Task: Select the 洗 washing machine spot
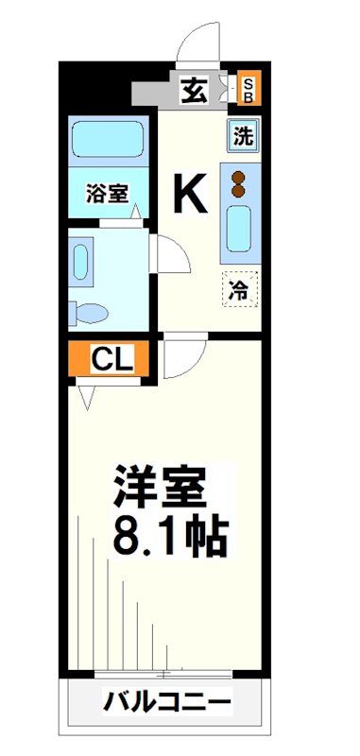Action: (243, 135)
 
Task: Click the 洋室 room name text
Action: (160, 488)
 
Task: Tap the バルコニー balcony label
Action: (166, 704)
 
